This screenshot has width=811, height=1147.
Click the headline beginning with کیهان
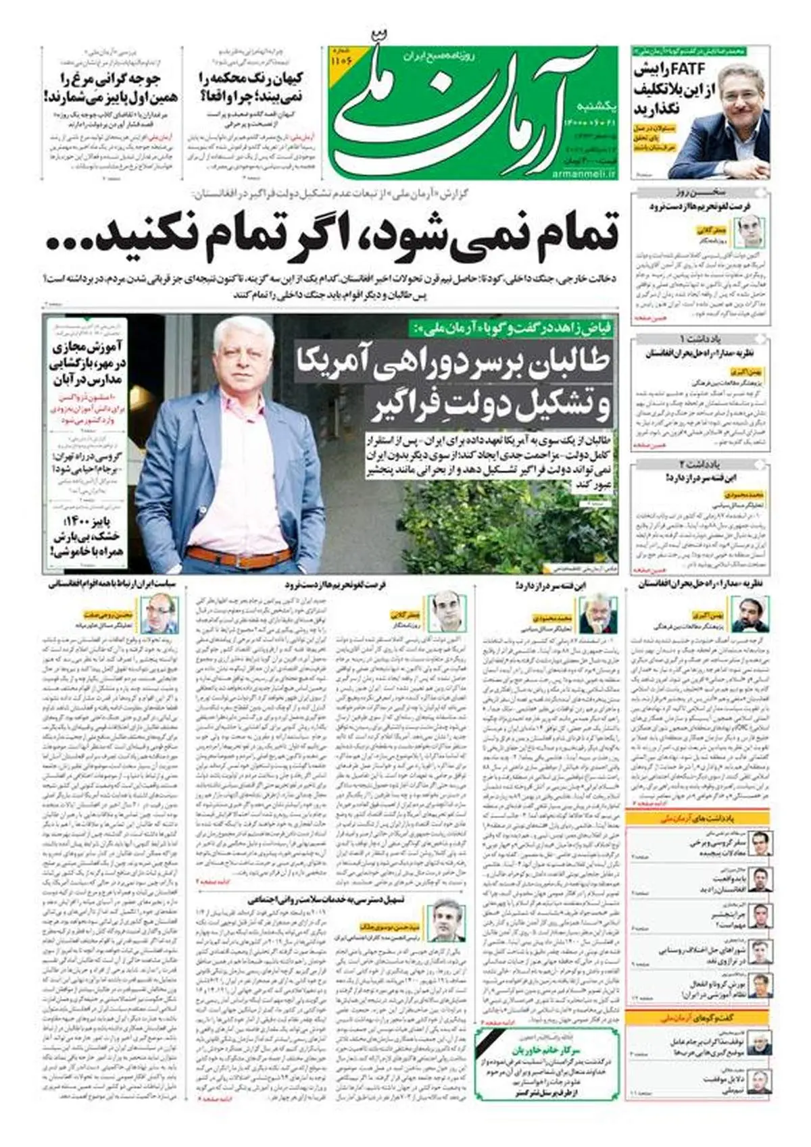[x=251, y=86]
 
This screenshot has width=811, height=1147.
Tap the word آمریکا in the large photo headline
[x=399, y=361]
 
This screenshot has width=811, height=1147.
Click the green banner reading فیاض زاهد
[x=513, y=329]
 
